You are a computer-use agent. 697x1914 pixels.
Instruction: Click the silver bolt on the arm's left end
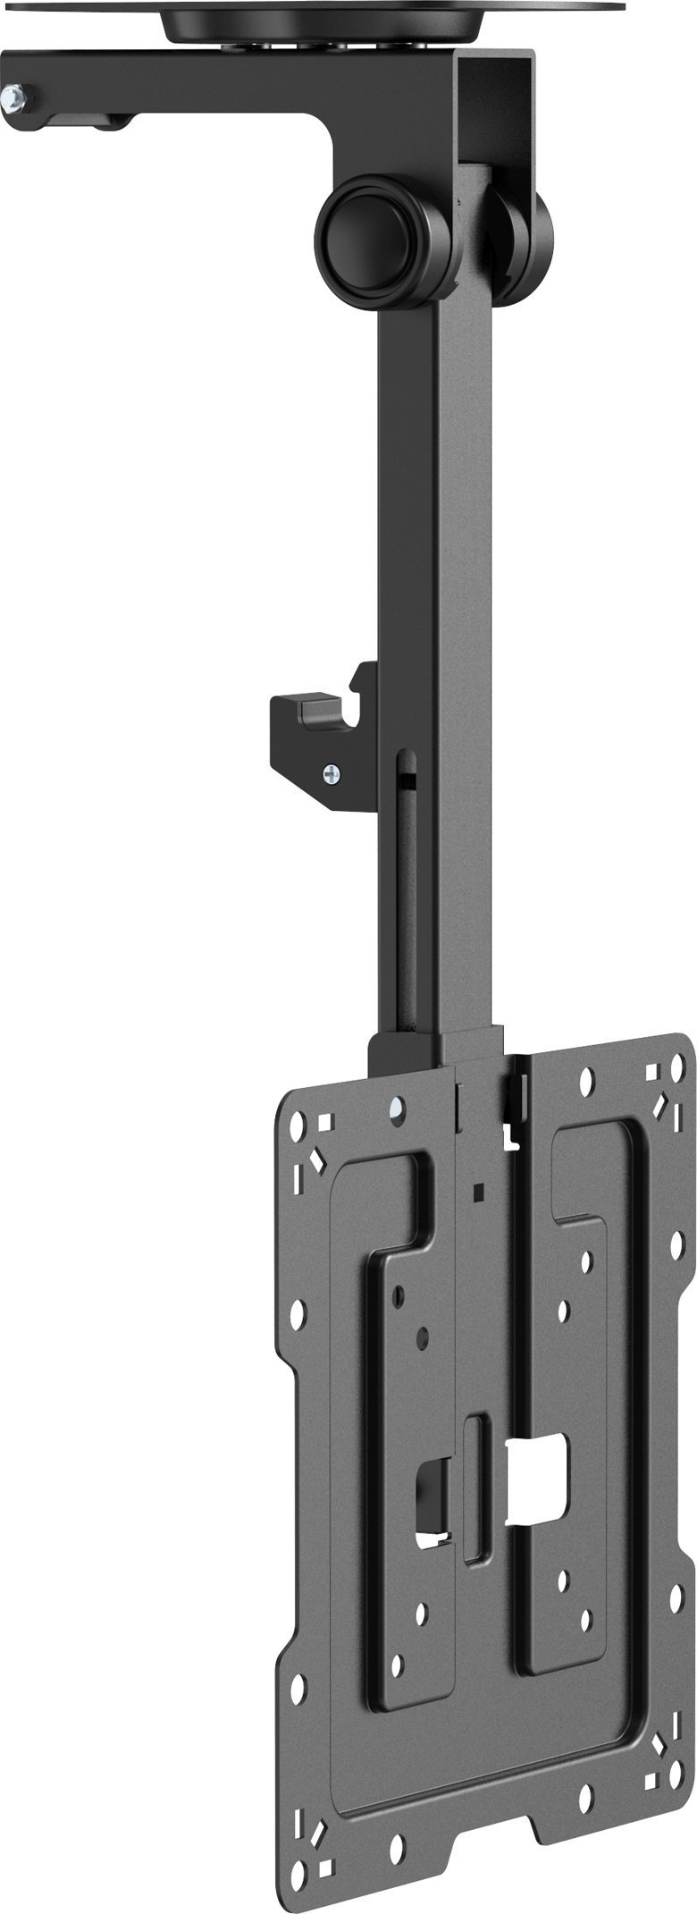(14, 92)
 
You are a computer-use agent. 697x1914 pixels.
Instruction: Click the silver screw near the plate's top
(395, 1110)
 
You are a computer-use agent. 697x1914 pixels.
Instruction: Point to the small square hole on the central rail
(480, 1191)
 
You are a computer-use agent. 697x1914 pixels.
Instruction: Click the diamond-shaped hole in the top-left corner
(316, 1158)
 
